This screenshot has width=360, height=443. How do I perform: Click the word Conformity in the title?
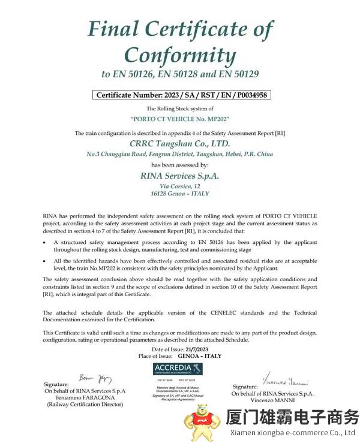point(180,55)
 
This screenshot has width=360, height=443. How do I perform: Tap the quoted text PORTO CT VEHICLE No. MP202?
point(180,120)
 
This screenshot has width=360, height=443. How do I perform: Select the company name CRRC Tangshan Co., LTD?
point(180,144)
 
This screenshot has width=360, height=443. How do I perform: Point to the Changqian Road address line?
point(180,154)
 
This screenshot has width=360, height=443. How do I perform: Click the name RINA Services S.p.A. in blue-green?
point(180,176)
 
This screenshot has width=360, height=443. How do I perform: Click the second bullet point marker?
point(46,261)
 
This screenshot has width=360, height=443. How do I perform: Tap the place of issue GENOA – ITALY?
point(200,356)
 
